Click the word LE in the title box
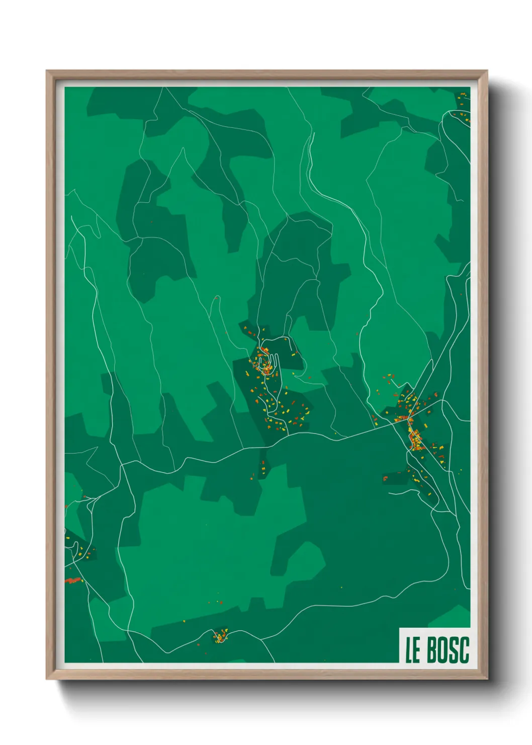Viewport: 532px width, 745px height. [x=413, y=650]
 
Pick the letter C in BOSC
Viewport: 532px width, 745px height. [x=464, y=650]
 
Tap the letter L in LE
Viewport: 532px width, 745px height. [x=409, y=650]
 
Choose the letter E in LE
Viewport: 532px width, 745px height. [x=416, y=650]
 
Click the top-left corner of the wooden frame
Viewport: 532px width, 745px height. [x=47, y=71]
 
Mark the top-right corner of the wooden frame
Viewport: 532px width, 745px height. [x=487, y=71]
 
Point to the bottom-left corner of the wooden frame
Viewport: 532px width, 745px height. [x=47, y=679]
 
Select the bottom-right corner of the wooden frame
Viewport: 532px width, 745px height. [x=487, y=679]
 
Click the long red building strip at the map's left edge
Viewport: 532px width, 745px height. [x=73, y=580]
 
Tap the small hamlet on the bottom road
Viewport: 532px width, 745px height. [x=220, y=636]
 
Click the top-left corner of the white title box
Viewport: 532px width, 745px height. [x=400, y=628]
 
